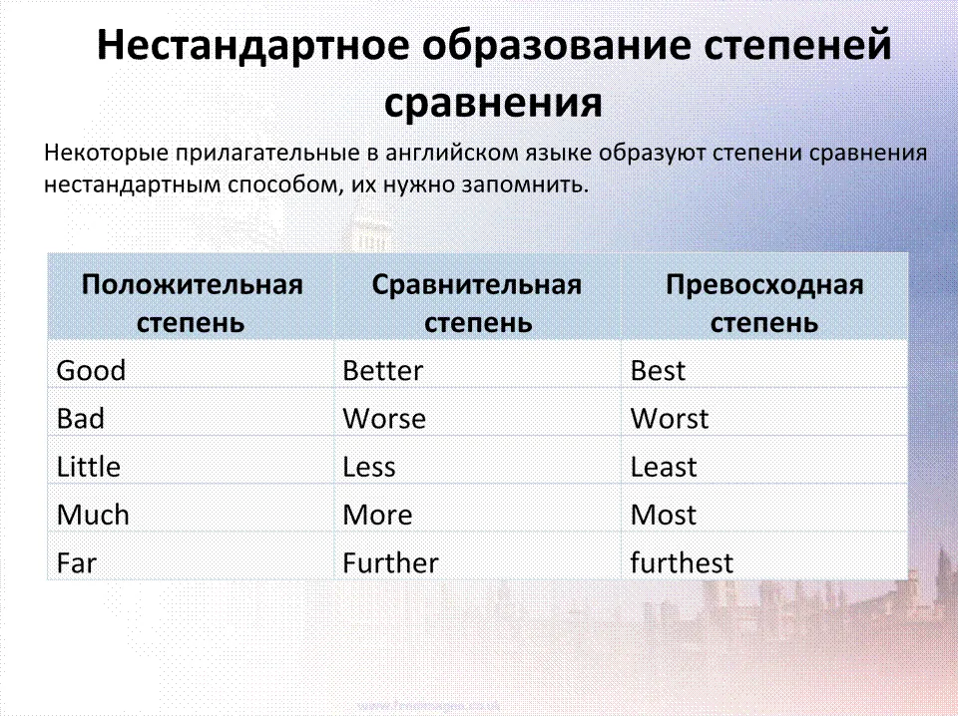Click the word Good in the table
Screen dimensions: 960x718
pos(91,371)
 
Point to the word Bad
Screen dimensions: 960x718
pos(80,419)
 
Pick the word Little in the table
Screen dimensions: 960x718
pos(88,467)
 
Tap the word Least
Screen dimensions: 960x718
pos(664,467)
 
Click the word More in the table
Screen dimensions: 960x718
pos(377,515)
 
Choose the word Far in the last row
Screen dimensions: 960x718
pos(77,563)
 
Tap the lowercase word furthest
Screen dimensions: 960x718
pos(682,563)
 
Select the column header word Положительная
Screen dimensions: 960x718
pos(193,285)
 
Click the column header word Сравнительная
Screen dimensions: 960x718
pos(477,285)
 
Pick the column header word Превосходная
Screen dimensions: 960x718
pos(764,285)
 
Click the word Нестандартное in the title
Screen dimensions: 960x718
pos(252,46)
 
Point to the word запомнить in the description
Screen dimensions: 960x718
pos(525,184)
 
